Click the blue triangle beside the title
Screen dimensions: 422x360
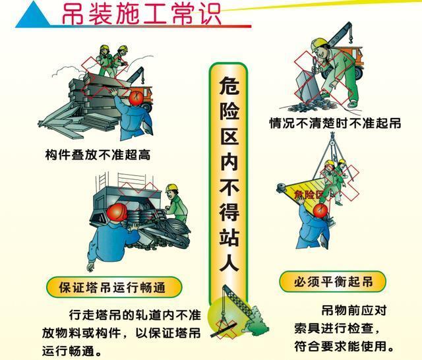pyautogui.click(x=33, y=16)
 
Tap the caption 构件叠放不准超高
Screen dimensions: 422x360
pyautogui.click(x=98, y=155)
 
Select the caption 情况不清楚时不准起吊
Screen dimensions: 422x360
pyautogui.click(x=335, y=123)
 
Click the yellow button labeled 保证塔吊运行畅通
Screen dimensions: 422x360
pyautogui.click(x=114, y=287)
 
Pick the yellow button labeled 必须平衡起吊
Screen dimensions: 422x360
pyautogui.click(x=333, y=282)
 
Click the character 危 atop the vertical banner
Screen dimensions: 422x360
pyautogui.click(x=229, y=86)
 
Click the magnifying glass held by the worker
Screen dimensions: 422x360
pyautogui.click(x=315, y=64)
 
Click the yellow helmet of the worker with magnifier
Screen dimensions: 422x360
pyautogui.click(x=318, y=44)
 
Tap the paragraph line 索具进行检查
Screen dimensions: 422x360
pyautogui.click(x=337, y=328)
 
